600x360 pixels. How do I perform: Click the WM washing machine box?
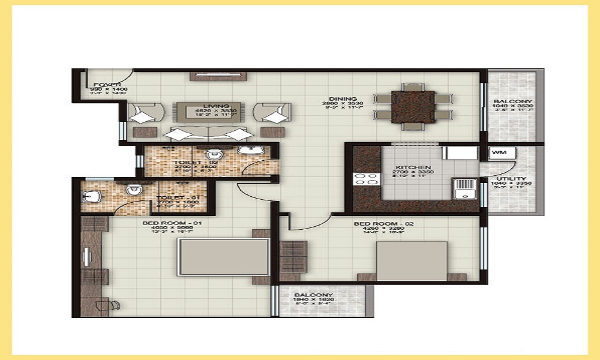(498, 153)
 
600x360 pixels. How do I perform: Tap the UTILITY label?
(511, 179)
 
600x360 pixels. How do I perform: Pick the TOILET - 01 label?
(173, 197)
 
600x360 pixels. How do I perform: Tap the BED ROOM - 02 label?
(376, 224)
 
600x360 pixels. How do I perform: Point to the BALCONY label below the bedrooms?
(314, 295)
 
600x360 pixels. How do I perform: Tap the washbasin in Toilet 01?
(92, 196)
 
